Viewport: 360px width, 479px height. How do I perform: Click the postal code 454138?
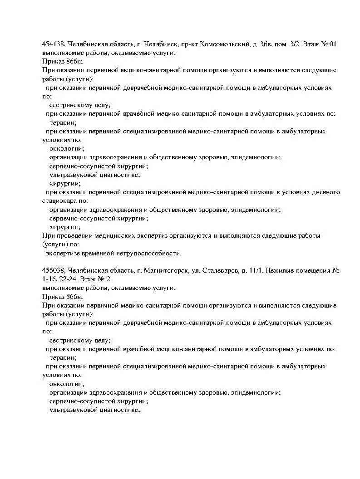point(54,44)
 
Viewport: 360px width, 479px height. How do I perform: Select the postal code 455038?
point(54,271)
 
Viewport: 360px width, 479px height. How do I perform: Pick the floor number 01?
point(332,44)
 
